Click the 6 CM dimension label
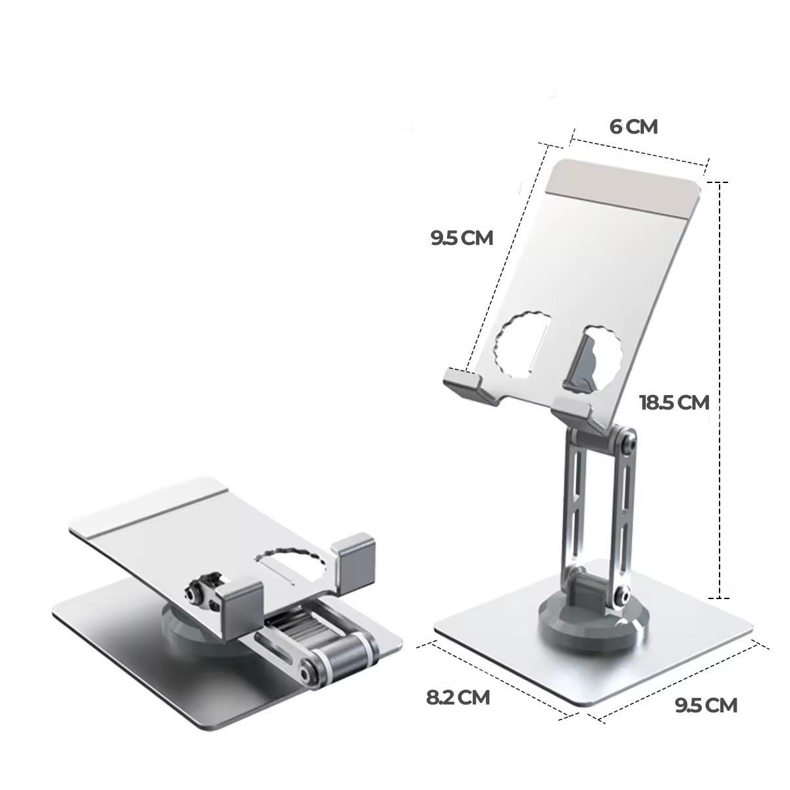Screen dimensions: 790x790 coord(633,126)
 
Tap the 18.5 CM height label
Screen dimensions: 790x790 coord(674,402)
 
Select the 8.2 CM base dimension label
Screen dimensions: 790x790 coord(458,697)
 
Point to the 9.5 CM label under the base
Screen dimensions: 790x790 coord(706,705)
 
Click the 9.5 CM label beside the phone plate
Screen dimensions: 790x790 coord(461,238)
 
